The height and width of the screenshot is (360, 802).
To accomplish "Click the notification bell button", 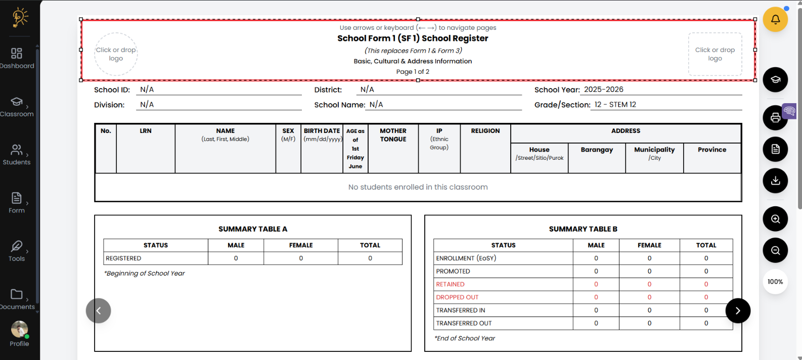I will (x=775, y=20).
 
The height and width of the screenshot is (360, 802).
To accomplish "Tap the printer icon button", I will (x=775, y=118).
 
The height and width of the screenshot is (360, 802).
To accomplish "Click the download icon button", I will (x=775, y=181).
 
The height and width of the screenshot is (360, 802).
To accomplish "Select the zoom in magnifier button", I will (x=775, y=219).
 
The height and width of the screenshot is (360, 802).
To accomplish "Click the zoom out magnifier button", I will (x=775, y=250).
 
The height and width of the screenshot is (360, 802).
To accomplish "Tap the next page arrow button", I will (x=737, y=310).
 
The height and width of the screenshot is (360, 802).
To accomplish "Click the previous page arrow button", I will (x=99, y=310).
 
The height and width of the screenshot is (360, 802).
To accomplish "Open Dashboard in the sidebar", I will (x=17, y=58).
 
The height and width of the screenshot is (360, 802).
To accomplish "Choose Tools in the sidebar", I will (x=17, y=251).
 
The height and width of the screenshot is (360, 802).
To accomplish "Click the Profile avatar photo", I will (x=19, y=329).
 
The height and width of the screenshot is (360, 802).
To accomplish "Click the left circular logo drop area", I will (x=116, y=54).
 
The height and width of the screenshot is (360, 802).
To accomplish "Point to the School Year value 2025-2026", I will (x=603, y=89).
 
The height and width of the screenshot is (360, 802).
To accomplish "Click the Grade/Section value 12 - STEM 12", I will (x=615, y=105).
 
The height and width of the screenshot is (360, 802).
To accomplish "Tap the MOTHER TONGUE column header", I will (x=393, y=135).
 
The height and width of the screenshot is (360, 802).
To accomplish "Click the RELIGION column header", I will (x=485, y=131).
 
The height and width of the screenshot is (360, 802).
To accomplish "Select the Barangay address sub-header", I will (x=597, y=150).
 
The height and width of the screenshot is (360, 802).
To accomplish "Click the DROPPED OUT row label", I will (x=457, y=297).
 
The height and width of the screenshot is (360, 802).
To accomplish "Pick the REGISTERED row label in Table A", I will (x=123, y=258).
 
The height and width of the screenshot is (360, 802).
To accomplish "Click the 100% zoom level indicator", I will (x=775, y=282).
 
